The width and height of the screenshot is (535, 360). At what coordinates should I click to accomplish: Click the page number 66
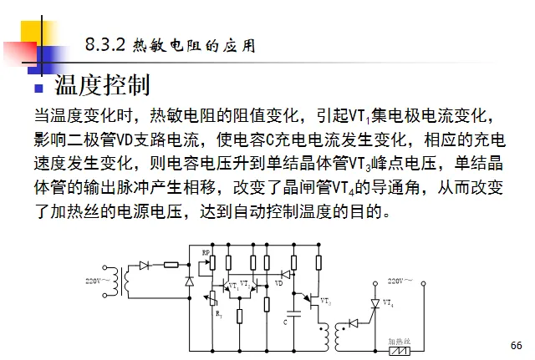515,345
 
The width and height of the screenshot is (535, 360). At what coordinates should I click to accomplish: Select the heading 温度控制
102,84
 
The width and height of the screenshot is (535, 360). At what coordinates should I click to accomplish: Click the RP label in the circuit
206,251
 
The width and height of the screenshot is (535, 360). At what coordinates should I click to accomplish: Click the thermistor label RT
219,315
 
